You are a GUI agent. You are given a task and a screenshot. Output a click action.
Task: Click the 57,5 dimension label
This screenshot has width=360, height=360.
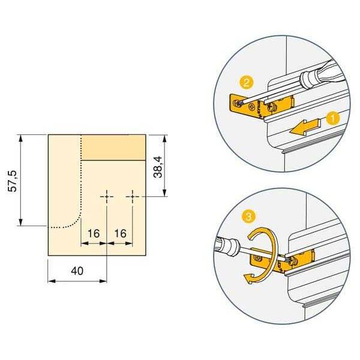pyautogui.click(x=13, y=181)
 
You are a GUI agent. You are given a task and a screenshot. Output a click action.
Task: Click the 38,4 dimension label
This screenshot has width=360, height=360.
pyautogui.click(x=158, y=167)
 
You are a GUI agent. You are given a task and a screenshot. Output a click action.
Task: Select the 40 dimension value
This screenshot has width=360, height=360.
pyautogui.click(x=77, y=271)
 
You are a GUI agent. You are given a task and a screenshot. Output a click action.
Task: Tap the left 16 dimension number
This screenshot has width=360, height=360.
pyautogui.click(x=94, y=233)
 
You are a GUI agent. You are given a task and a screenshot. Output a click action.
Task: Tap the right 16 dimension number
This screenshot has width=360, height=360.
pyautogui.click(x=121, y=233)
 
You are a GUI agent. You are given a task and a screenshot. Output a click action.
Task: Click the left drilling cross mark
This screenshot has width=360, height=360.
pyautogui.click(x=107, y=197)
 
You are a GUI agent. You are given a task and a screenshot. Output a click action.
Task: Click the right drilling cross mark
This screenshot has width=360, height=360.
pyautogui.click(x=133, y=197)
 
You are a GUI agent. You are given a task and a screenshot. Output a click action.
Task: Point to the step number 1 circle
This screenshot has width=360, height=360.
pyautogui.click(x=332, y=118)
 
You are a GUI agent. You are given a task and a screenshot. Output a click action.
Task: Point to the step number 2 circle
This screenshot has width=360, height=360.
pyautogui.click(x=247, y=83)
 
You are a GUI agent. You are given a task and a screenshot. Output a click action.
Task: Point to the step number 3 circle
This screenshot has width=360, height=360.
pyautogui.click(x=249, y=217)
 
